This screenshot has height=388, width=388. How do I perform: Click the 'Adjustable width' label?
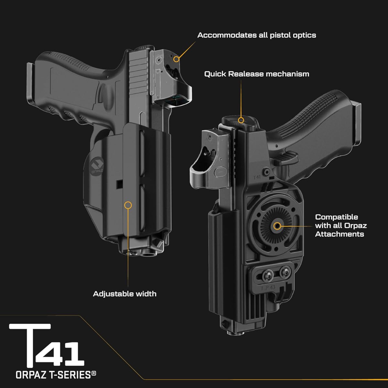pos(124,294)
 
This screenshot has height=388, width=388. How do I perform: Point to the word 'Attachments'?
pos(339,234)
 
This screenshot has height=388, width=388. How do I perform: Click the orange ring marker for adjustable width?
pos(128,205)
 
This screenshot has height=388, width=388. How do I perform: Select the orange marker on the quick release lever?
pos(241,120)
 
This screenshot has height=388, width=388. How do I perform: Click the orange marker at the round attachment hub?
pos(277,226)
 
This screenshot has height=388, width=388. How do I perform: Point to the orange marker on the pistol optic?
pos(176,59)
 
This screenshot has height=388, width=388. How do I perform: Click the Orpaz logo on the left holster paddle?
pos(96,163)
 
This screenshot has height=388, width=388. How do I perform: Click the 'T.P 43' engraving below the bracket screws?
pos(268,288)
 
